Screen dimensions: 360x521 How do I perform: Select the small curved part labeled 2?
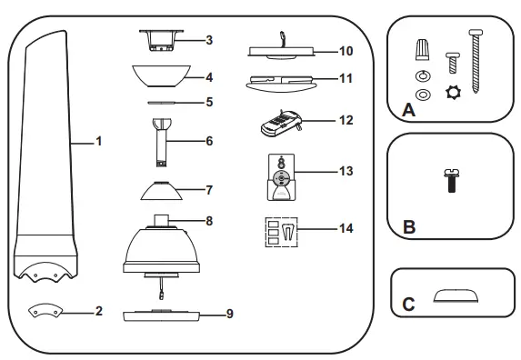click(44, 311)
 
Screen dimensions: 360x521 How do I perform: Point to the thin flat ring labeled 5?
click(163, 103)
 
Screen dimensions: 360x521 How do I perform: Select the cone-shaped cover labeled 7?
click(162, 191)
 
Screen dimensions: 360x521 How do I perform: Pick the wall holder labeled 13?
click(279, 175)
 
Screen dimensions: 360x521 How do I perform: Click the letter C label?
click(408, 305)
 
